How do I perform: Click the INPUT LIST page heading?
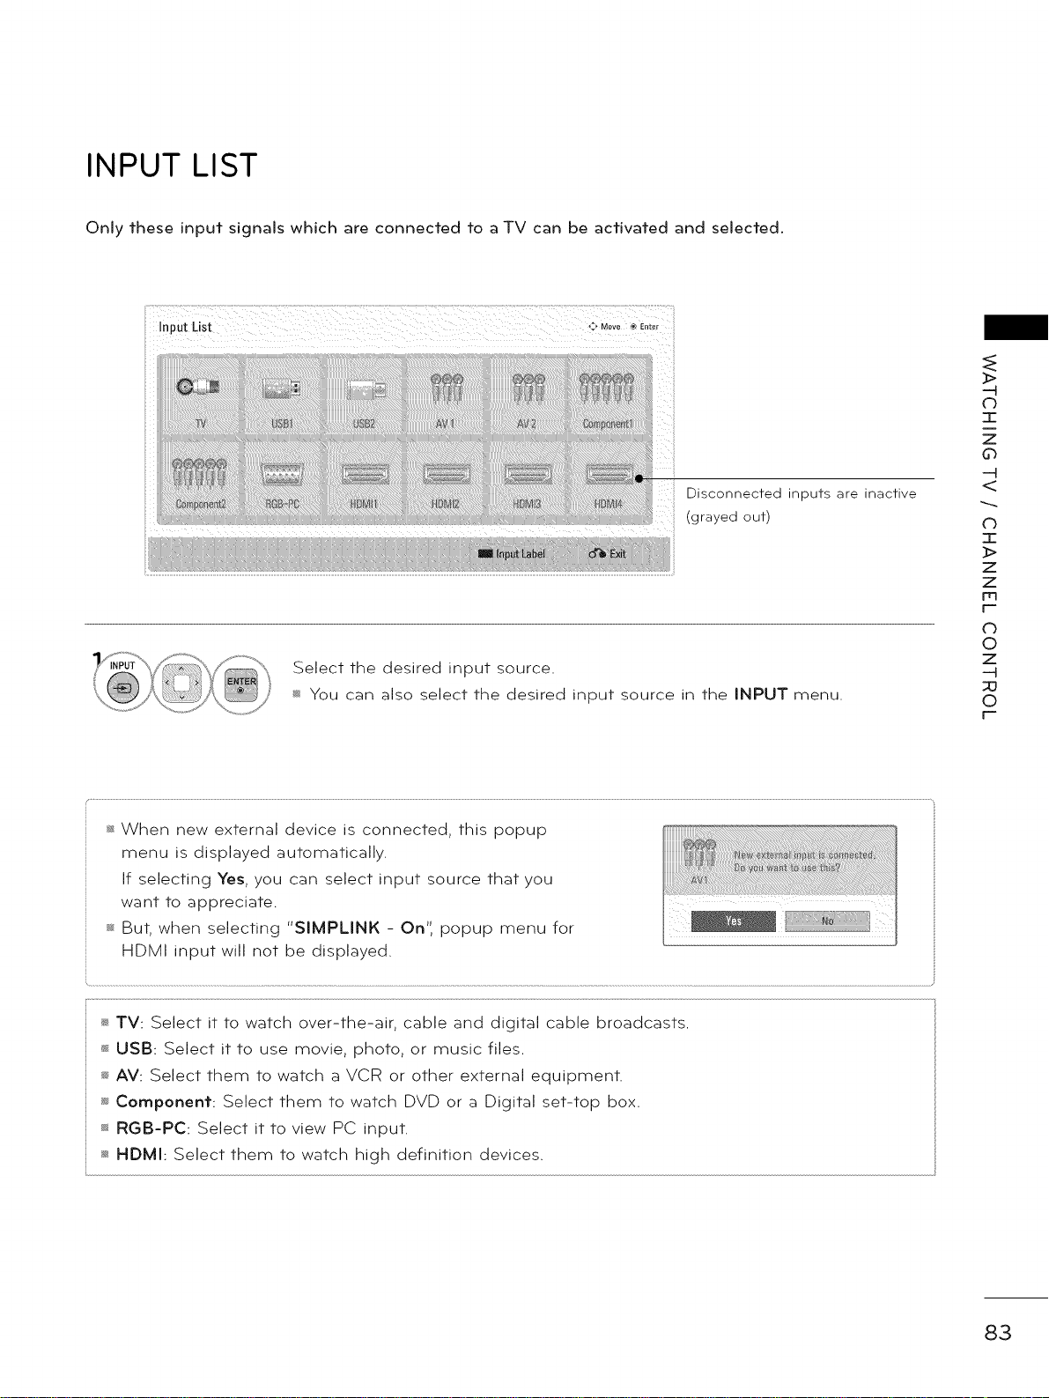coord(171,166)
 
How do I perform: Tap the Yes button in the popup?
coord(734,921)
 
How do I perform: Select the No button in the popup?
coord(827,921)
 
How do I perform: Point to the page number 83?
coord(999,1332)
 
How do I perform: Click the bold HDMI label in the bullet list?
coord(141,1154)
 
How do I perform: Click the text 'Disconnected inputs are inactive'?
coord(801,493)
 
